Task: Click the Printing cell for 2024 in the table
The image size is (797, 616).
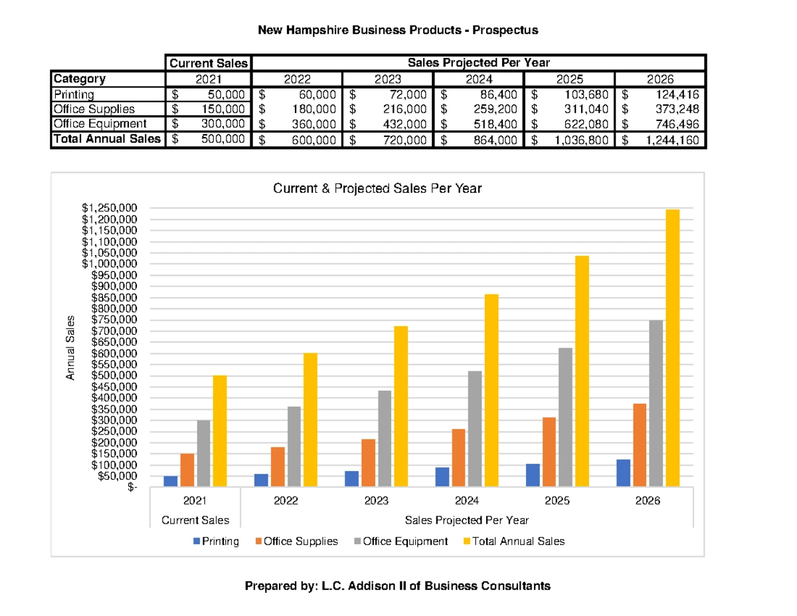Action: tap(478, 94)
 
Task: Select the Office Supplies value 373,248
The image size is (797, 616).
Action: tap(677, 109)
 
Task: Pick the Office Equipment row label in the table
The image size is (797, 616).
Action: tap(100, 124)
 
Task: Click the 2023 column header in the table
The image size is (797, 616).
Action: tap(387, 79)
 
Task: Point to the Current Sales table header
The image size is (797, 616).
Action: tap(209, 63)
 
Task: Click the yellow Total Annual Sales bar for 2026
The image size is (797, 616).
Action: tap(672, 348)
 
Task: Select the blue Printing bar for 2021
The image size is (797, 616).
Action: tap(171, 481)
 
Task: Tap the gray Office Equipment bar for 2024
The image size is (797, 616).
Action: tap(475, 429)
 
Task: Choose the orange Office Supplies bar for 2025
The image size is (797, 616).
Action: tap(549, 452)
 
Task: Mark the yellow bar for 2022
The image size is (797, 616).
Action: tap(310, 420)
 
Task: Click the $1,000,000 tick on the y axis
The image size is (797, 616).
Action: tap(110, 264)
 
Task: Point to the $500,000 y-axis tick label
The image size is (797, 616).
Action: tap(114, 375)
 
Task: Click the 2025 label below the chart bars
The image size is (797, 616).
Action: tap(557, 500)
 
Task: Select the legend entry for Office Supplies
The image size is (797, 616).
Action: tap(296, 541)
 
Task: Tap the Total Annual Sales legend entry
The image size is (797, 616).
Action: tap(514, 541)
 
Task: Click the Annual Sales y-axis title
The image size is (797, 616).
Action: tap(70, 348)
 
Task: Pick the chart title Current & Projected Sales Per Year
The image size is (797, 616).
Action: tap(377, 188)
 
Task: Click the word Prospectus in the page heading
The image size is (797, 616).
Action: tap(505, 30)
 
